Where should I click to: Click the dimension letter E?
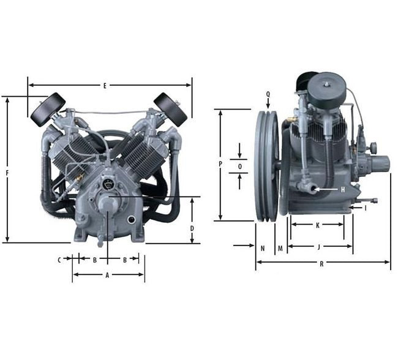[x=105, y=86]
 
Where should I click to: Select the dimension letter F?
[x=7, y=173]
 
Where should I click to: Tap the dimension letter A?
[x=107, y=275]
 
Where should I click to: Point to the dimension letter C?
[x=59, y=260]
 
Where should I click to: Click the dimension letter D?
[x=192, y=228]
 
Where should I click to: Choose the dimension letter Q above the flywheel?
[x=268, y=94]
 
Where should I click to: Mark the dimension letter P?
[x=220, y=164]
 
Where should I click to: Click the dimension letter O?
[x=240, y=167]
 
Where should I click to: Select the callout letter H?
[x=343, y=190]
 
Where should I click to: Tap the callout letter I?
[x=366, y=208]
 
